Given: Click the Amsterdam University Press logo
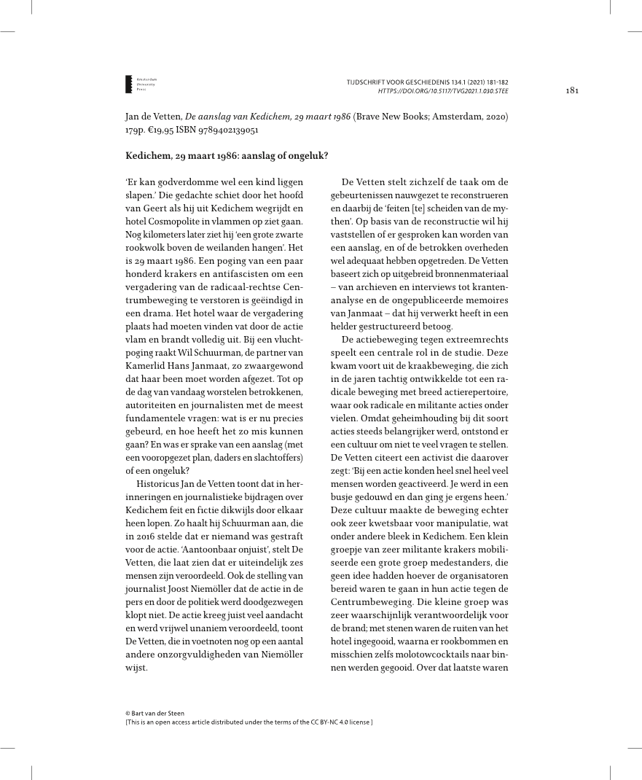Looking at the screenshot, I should point(142,83).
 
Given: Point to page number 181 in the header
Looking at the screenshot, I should point(571,90).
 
